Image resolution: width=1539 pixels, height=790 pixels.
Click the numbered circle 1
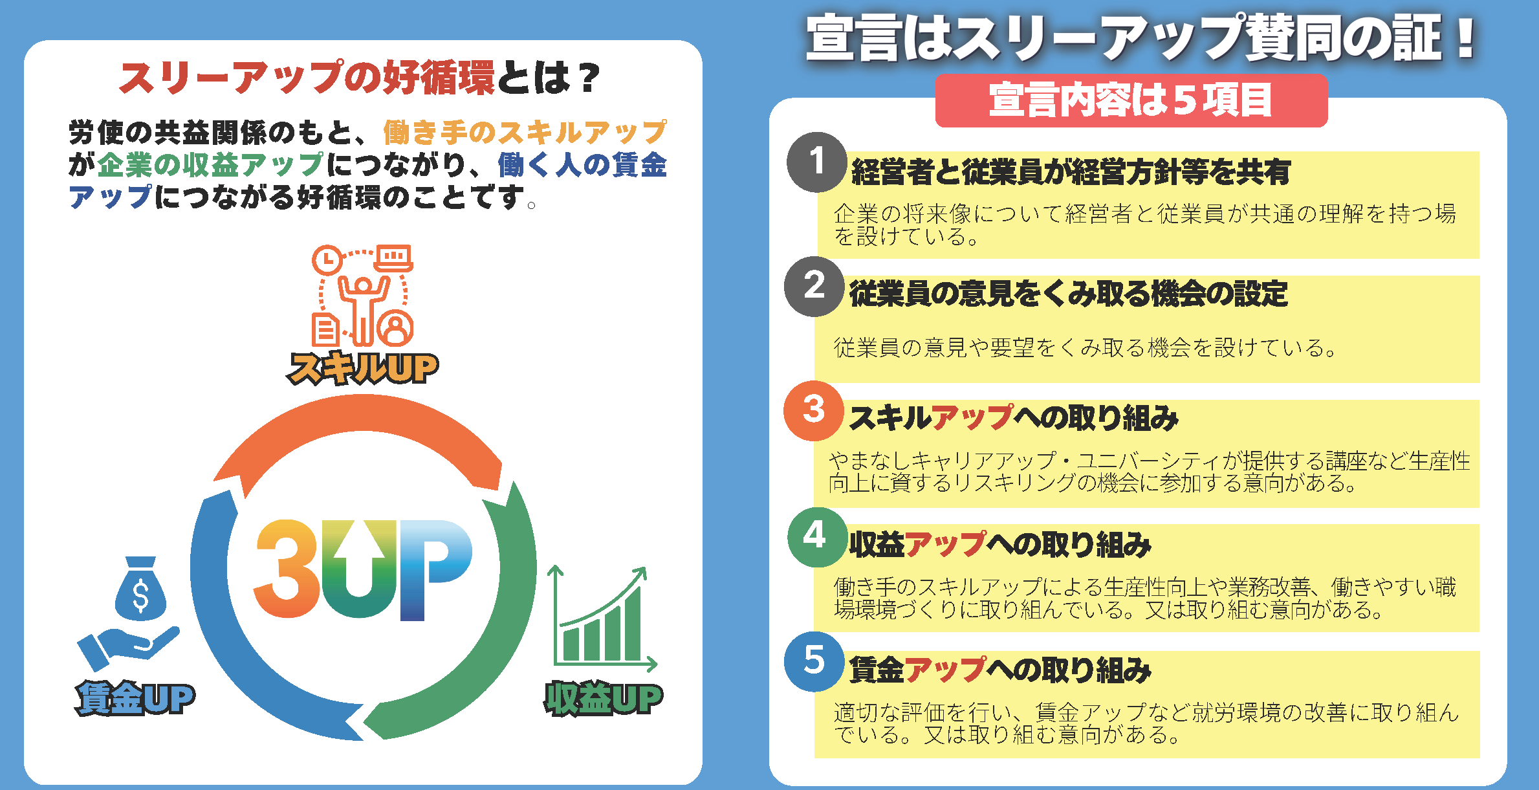tap(817, 162)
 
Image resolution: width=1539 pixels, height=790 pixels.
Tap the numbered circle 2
tap(814, 287)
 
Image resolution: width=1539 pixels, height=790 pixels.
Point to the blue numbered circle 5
tap(814, 661)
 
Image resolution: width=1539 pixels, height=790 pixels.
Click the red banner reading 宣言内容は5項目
tap(1131, 100)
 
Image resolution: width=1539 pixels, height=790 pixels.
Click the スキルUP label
tap(362, 369)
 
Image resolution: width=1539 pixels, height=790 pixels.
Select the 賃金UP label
tap(135, 698)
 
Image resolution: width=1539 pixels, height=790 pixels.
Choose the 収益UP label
tap(604, 699)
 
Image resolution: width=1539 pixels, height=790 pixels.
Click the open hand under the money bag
tap(128, 648)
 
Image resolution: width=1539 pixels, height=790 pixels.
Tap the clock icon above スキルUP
tap(327, 259)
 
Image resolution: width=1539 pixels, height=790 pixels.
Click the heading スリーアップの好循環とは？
tap(360, 78)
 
